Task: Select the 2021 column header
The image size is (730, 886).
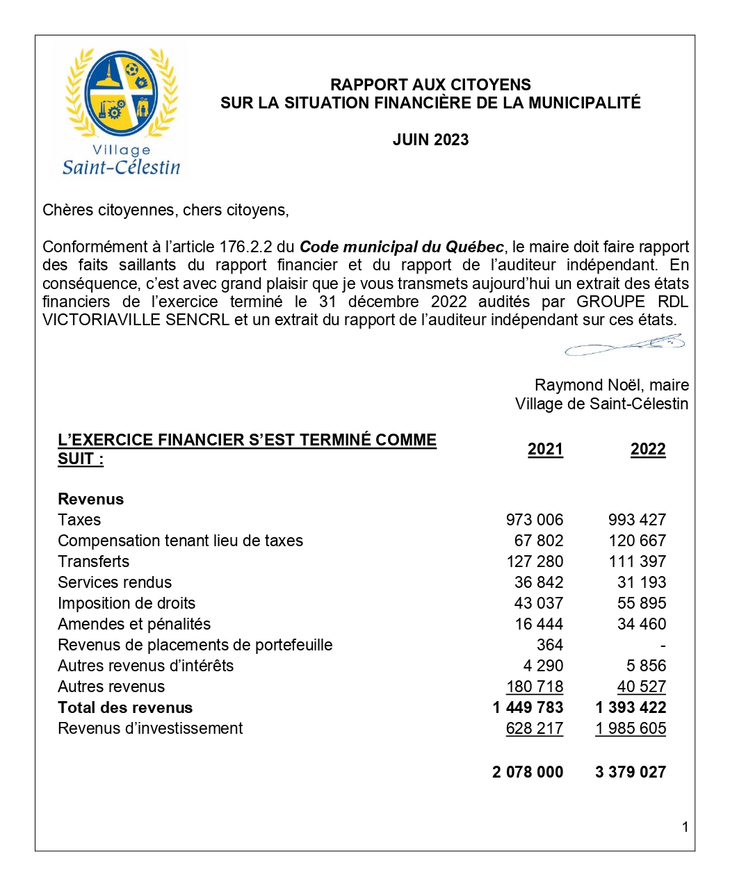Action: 545,450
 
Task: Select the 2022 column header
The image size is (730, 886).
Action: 648,450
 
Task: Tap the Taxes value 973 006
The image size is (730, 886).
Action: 534,520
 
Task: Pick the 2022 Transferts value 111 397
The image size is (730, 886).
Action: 637,561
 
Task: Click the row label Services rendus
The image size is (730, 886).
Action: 115,582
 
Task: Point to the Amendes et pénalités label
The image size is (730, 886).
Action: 134,624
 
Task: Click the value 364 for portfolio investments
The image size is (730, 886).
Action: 549,645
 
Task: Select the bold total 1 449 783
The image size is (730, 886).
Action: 528,707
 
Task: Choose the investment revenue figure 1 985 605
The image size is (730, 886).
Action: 631,728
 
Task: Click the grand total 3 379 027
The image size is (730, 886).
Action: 631,772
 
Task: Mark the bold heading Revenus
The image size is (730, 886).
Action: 91,499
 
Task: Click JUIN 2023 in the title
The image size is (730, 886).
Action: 430,140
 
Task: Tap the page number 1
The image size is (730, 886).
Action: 686,827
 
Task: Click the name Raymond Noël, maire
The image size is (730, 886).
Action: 612,385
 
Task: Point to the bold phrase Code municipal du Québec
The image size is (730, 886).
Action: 401,247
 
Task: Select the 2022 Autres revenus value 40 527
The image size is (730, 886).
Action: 641,687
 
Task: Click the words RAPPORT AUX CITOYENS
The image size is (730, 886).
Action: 430,85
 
